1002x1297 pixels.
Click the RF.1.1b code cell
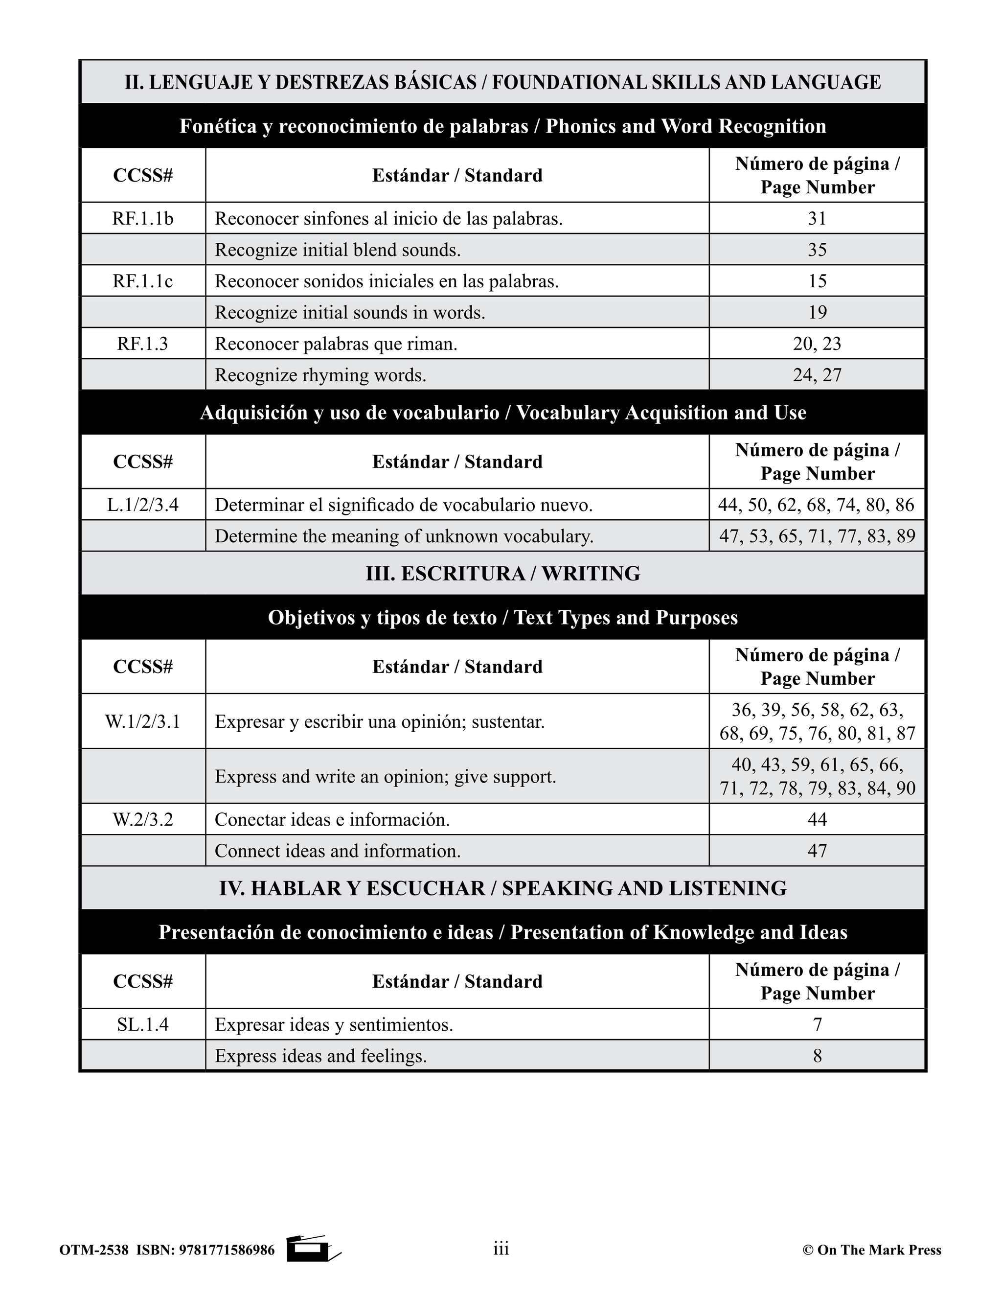[142, 219]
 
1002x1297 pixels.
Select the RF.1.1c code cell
[142, 281]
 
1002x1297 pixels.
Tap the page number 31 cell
[817, 219]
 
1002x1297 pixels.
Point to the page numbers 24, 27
[817, 375]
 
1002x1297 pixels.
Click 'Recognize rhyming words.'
[320, 375]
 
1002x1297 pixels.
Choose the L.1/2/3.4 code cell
[142, 505]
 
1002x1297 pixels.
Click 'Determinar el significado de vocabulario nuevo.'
[404, 505]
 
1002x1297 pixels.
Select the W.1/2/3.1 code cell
[142, 721]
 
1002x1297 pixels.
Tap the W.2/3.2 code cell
[142, 819]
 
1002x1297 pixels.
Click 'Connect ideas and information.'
[337, 851]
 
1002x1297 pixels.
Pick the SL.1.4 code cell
[142, 1024]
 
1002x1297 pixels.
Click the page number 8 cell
[817, 1056]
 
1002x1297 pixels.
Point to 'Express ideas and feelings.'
[320, 1056]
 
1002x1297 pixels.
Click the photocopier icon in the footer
[311, 1249]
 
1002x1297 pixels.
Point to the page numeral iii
[501, 1249]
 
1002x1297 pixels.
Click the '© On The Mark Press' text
[871, 1250]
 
